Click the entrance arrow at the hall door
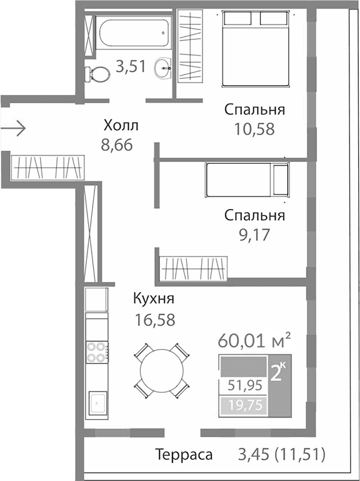13,129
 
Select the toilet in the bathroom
97,74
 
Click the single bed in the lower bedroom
246,180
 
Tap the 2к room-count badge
277,372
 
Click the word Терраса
184,455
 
